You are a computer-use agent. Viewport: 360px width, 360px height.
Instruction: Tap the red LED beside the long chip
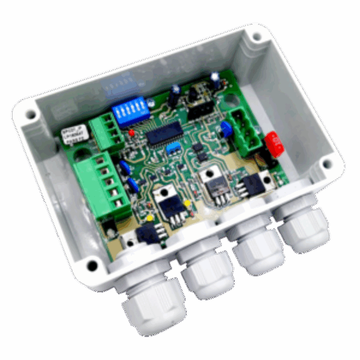coord(131,133)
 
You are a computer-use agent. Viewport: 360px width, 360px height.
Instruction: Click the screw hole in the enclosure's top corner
coord(257,37)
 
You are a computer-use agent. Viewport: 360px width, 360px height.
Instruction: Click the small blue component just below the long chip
coord(172,148)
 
